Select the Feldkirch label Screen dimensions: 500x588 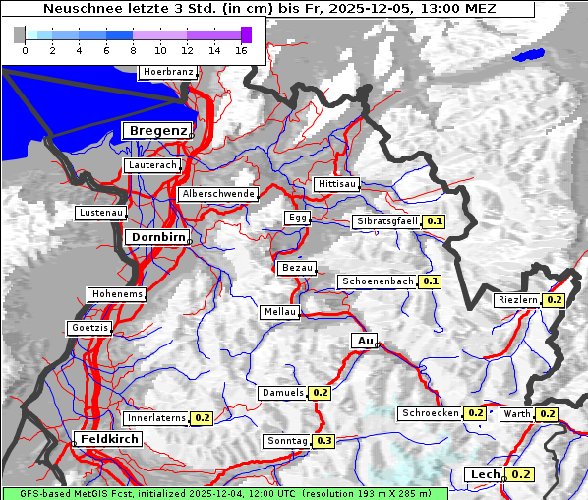tap(108, 438)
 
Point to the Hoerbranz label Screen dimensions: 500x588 tap(167, 72)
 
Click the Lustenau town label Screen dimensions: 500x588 tap(101, 213)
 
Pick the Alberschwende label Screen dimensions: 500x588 tap(217, 194)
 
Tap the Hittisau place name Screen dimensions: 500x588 tap(337, 184)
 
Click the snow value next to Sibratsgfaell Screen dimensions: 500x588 tap(434, 221)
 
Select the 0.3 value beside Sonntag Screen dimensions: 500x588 tap(323, 440)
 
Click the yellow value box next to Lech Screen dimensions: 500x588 tap(520, 474)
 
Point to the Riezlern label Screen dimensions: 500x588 tap(518, 299)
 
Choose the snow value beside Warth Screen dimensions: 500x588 tap(547, 414)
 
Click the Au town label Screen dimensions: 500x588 tap(364, 341)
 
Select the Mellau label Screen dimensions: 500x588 tap(278, 312)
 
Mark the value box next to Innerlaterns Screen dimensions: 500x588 tap(202, 418)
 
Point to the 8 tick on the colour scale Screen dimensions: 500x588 tap(133, 51)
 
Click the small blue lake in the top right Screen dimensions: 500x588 tap(528, 55)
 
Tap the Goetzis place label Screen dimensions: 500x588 tap(89, 327)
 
